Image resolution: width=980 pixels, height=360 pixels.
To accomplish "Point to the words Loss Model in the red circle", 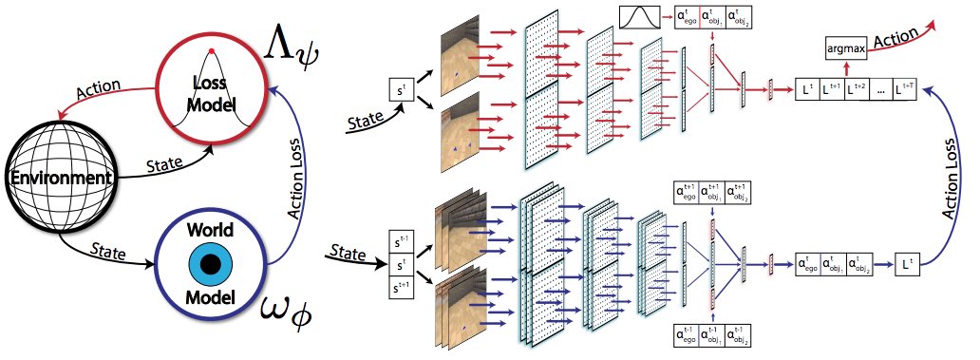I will click(214, 86).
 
